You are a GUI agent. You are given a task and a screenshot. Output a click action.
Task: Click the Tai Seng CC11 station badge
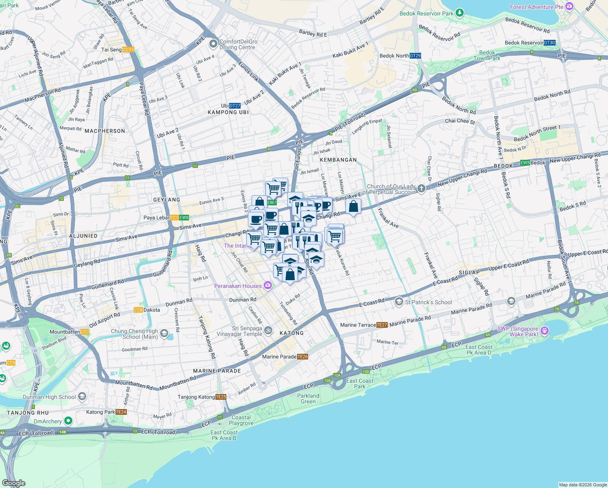tap(128, 50)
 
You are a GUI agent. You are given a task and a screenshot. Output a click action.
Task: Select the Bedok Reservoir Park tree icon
tap(460, 13)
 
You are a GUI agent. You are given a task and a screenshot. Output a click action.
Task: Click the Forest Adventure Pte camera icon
tap(569, 7)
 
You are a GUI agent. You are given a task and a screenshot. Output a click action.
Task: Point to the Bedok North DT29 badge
tap(415, 56)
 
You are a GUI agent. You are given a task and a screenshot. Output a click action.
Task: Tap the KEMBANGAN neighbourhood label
tap(338, 160)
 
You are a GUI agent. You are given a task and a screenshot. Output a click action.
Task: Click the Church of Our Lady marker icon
tap(421, 188)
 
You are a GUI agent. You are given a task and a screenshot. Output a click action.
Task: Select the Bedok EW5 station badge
tap(525, 163)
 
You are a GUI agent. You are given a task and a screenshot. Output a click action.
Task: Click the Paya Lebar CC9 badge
tap(174, 218)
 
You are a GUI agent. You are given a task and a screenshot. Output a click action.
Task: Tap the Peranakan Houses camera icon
tap(267, 285)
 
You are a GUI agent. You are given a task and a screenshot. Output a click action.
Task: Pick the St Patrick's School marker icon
tap(399, 302)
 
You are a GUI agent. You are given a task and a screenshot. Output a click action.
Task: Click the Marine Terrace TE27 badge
tap(382, 325)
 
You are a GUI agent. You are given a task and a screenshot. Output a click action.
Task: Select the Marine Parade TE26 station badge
tap(302, 357)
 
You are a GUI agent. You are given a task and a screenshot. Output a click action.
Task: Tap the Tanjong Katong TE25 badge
tap(221, 397)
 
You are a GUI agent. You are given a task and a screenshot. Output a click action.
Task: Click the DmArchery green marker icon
tap(68, 420)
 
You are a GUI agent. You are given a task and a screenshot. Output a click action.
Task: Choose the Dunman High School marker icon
tap(82, 396)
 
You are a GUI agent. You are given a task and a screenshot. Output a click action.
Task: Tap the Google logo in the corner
tap(14, 483)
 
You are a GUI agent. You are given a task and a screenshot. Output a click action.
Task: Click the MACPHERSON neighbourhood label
tap(105, 131)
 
